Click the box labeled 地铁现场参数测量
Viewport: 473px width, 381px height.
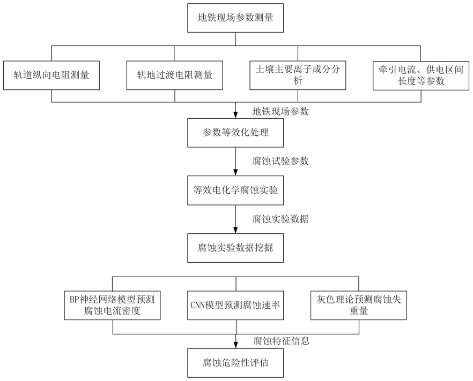coord(235,18)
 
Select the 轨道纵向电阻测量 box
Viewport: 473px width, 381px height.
coord(51,75)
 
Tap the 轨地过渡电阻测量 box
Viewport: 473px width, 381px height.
coord(175,75)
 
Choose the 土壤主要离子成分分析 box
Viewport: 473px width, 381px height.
coord(298,75)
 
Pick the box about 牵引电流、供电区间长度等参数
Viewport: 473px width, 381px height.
coord(421,75)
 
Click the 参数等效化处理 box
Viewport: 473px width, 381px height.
coord(235,133)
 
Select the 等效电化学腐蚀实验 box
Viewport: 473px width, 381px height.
coord(235,190)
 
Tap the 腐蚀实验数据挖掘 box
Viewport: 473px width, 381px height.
coord(235,248)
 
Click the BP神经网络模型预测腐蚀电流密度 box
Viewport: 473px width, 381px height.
coord(112,305)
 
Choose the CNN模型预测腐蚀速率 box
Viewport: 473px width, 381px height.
coord(235,305)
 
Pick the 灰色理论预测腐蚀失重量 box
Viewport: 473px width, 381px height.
coord(359,305)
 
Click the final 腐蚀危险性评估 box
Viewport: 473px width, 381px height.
coord(235,363)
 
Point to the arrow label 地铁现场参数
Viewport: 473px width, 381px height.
coord(280,111)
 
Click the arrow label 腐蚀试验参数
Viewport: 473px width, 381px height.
coord(280,161)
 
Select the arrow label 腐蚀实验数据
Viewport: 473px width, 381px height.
coord(280,219)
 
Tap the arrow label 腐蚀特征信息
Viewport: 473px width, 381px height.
coord(281,341)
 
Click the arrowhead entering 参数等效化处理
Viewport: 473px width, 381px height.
coord(235,115)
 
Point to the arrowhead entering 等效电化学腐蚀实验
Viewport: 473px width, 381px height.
coord(235,173)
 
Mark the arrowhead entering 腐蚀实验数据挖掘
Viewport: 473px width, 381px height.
coord(235,231)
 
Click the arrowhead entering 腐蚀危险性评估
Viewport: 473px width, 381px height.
coord(235,346)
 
